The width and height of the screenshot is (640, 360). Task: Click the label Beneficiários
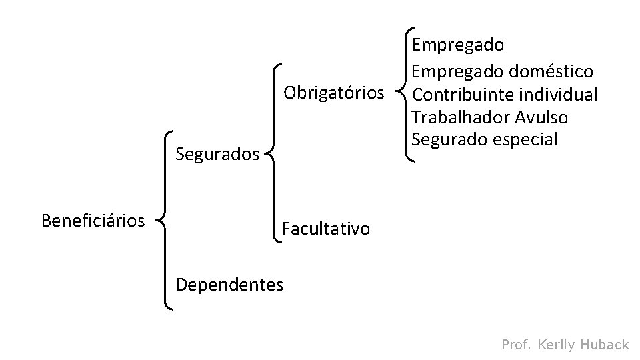pos(93,220)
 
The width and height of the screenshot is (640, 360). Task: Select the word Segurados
pos(217,155)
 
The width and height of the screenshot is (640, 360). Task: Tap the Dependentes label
pos(229,285)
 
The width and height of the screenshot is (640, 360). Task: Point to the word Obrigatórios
pos(334,91)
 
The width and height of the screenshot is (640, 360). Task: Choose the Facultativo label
pos(325,229)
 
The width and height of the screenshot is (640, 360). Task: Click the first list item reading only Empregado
pos(458,45)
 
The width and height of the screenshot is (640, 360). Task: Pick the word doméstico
pos(551,70)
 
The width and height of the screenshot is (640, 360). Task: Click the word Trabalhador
pos(461,117)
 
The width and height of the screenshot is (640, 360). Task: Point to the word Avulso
pos(541,117)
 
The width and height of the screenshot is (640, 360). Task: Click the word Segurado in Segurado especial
pos(448,139)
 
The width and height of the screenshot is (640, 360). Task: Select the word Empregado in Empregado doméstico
pos(458,70)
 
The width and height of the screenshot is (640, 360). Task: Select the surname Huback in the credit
pos(605,344)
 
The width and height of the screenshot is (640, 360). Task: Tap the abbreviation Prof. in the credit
pos(516,344)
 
